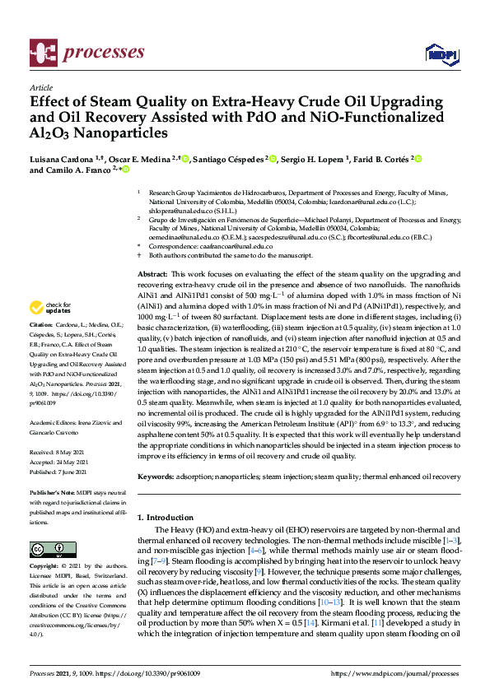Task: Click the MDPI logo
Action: (x=440, y=54)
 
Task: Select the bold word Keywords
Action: (x=156, y=477)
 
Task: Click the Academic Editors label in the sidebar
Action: (x=54, y=420)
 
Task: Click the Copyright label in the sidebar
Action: (x=44, y=566)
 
